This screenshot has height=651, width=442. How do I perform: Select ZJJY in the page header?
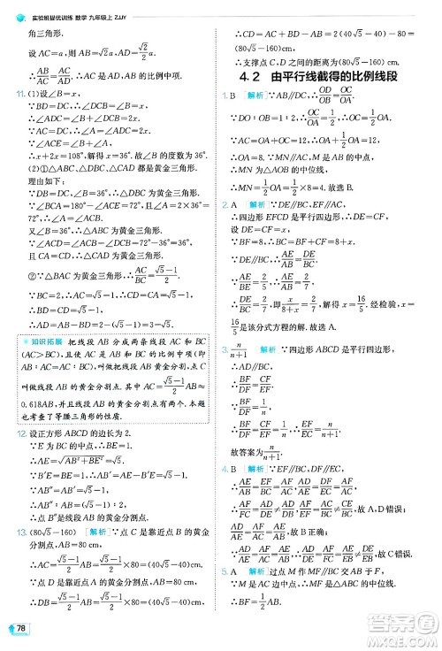(x=159, y=7)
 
